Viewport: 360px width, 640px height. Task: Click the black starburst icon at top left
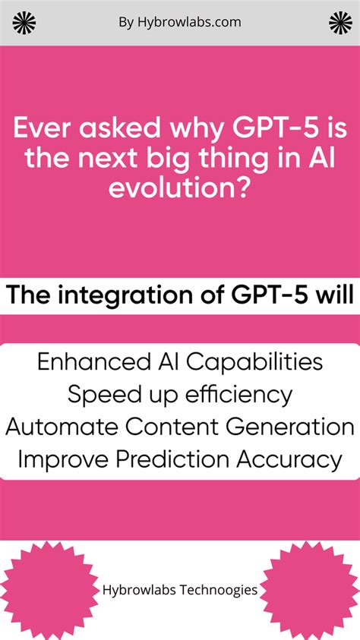click(24, 23)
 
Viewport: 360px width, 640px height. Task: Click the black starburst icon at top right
click(340, 23)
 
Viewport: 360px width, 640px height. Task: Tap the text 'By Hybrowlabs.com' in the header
click(180, 22)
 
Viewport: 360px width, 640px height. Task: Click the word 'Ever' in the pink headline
click(43, 128)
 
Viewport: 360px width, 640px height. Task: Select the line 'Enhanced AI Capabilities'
click(180, 362)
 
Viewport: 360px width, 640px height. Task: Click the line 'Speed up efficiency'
click(180, 395)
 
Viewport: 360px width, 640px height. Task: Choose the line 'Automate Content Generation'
click(180, 427)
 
